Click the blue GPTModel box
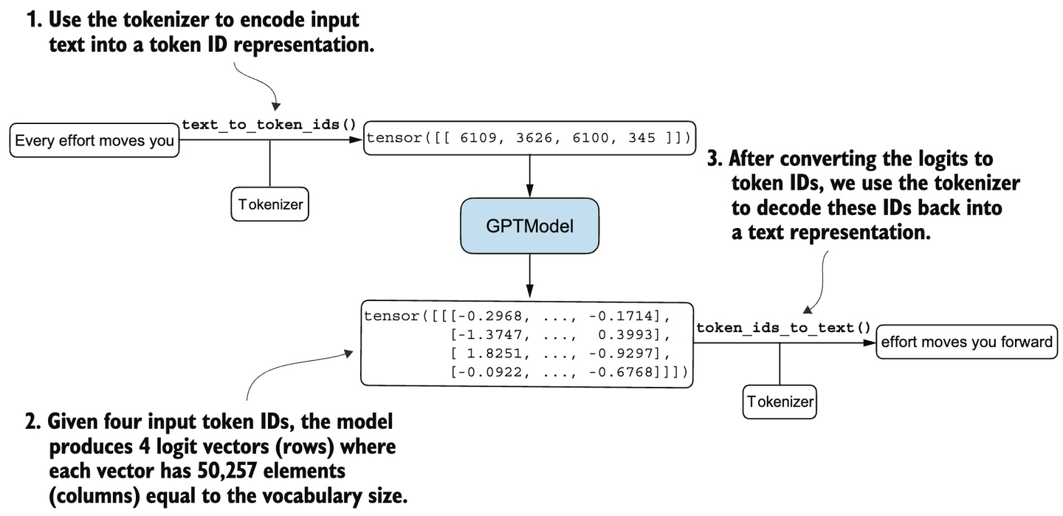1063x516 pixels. coord(529,227)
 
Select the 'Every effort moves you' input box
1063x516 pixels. coord(94,140)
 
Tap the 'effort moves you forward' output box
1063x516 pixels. coord(966,342)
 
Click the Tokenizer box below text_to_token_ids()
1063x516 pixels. coord(269,204)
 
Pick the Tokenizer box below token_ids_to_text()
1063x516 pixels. coord(780,402)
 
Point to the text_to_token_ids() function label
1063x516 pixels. coord(269,124)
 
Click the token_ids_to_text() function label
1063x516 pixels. coord(783,328)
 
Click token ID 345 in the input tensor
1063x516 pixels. coord(641,138)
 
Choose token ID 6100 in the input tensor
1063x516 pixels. coord(591,138)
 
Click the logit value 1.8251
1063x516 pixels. coord(497,354)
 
